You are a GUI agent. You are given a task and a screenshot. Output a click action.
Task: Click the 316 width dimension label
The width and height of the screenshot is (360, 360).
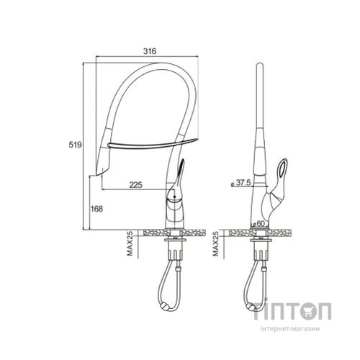tap(150, 51)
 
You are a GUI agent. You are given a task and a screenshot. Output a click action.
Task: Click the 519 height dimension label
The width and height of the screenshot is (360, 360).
tap(76, 145)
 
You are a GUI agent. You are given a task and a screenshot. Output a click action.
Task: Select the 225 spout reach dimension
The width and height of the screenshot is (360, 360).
tap(136, 185)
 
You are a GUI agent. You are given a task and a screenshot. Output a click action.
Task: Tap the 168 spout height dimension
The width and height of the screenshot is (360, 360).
tap(96, 209)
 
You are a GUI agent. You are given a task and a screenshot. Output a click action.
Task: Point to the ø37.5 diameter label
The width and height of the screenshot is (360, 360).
tap(240, 183)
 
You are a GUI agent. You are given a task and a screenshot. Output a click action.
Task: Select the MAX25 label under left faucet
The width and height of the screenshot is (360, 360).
tap(130, 243)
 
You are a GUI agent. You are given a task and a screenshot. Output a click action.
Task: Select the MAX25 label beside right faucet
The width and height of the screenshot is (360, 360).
tap(216, 243)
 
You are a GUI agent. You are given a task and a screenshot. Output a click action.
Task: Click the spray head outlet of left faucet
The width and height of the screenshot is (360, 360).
tap(99, 172)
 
